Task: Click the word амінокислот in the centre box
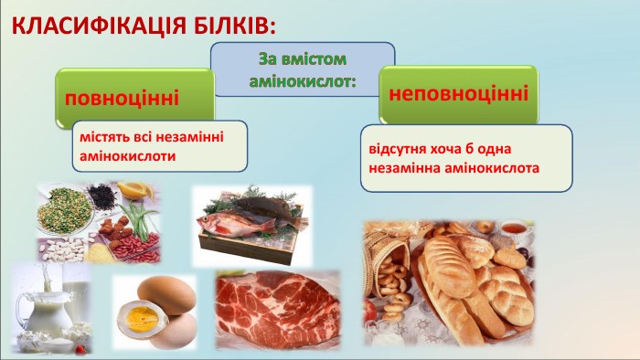[303, 81]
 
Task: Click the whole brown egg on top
[165, 293]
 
